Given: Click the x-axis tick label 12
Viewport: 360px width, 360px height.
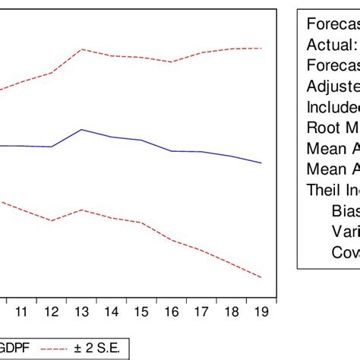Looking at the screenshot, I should coord(51,312).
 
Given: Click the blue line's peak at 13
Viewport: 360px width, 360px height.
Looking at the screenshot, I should coord(81,130).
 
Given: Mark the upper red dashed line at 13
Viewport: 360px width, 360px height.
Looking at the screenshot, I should coord(81,49).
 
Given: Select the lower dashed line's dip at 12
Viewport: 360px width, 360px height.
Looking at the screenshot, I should coord(51,221).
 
